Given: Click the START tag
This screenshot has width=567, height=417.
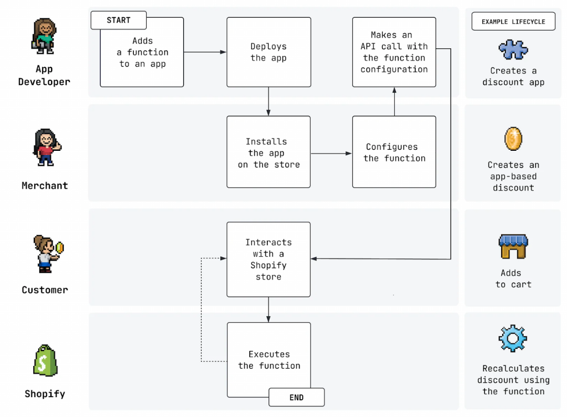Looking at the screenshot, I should pyautogui.click(x=118, y=20).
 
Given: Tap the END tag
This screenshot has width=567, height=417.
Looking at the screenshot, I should pyautogui.click(x=296, y=397).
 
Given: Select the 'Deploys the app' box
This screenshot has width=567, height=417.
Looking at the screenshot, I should pyautogui.click(x=269, y=52).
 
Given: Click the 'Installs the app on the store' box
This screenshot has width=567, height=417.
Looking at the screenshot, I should pyautogui.click(x=269, y=152).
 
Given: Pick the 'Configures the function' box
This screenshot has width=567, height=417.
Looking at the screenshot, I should pyautogui.click(x=394, y=152).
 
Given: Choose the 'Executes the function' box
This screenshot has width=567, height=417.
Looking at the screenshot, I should pyautogui.click(x=269, y=360).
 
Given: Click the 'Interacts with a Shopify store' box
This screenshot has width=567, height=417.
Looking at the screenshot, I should pyautogui.click(x=269, y=260).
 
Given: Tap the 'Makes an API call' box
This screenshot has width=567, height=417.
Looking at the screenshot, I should pyautogui.click(x=394, y=52).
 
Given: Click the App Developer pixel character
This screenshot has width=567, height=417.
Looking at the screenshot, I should pyautogui.click(x=44, y=35).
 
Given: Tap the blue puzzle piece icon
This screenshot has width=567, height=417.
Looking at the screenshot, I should pyautogui.click(x=513, y=49).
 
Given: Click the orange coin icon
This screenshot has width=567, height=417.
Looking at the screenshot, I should pyautogui.click(x=513, y=139).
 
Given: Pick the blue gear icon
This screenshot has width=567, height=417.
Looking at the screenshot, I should pyautogui.click(x=513, y=338).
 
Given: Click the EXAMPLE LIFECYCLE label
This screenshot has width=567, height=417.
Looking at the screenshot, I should pyautogui.click(x=513, y=22).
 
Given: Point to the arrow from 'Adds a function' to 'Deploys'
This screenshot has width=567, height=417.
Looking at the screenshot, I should pyautogui.click(x=205, y=52).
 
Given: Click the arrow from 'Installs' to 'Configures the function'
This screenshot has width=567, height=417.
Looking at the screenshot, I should pyautogui.click(x=331, y=153).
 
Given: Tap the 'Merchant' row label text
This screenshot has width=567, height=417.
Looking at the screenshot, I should pyautogui.click(x=44, y=186).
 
